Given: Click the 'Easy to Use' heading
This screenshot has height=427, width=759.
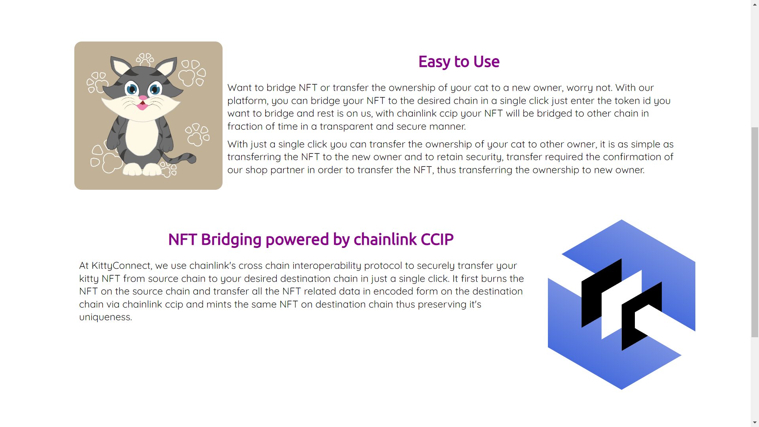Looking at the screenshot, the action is coord(459,62).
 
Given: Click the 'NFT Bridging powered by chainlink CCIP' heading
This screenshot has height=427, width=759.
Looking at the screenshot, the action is coord(311,240).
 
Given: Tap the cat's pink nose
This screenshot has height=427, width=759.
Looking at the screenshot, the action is coord(143,98).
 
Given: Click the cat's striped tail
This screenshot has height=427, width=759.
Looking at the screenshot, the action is coord(180,159).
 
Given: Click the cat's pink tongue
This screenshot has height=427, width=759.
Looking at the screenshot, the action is coord(142,106).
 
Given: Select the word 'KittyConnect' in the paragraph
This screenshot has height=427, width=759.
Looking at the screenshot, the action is coord(121,266).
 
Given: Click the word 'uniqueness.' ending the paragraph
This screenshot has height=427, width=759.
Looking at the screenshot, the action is coord(106,317).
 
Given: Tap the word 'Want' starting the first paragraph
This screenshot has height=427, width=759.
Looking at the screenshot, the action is coord(240,88).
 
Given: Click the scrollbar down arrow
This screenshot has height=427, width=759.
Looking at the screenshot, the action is coord(755,423).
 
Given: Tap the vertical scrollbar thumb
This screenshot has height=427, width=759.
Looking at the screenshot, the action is coord(755,232).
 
